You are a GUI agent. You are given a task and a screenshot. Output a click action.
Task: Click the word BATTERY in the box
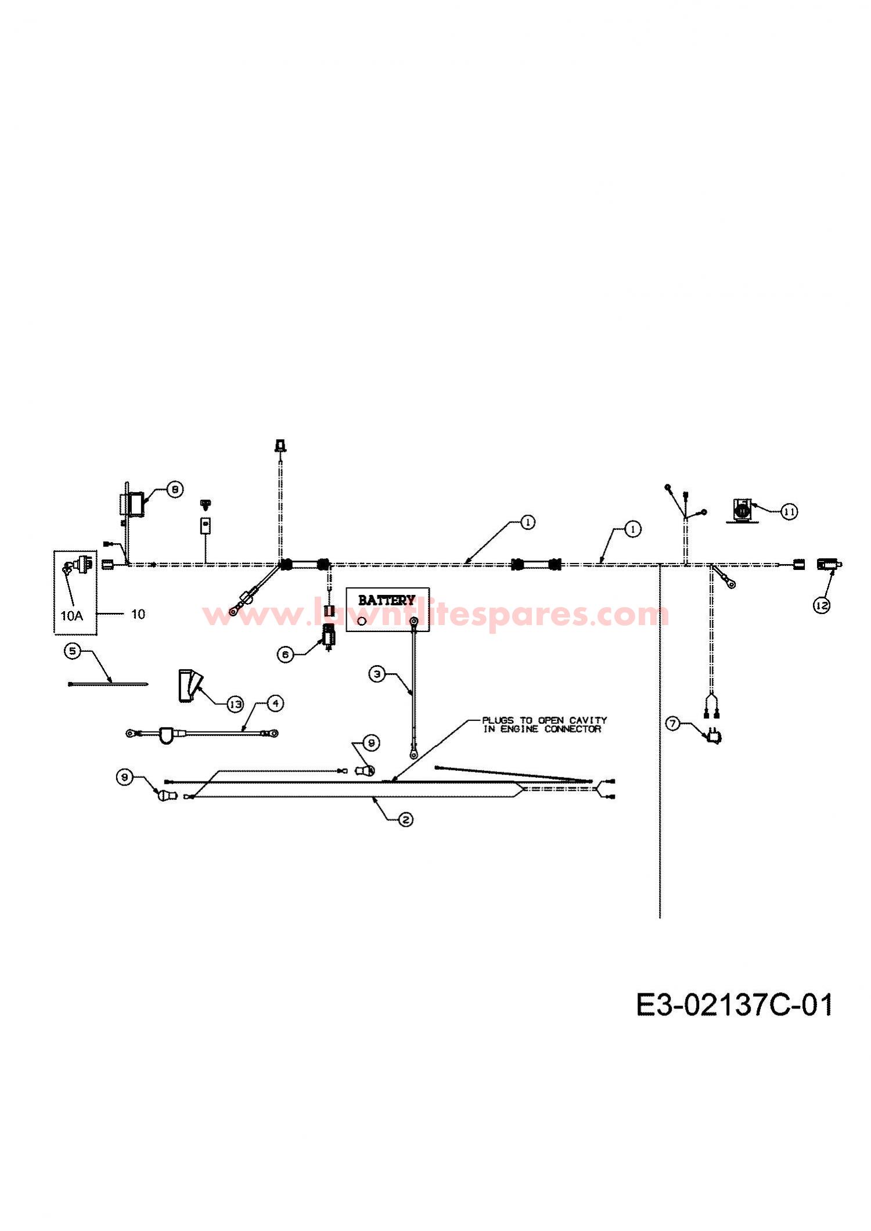click(x=386, y=600)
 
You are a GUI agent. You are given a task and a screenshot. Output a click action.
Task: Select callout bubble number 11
click(x=789, y=511)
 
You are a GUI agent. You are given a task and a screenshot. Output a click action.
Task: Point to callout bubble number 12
click(x=821, y=605)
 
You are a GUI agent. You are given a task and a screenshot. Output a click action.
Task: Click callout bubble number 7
click(x=673, y=723)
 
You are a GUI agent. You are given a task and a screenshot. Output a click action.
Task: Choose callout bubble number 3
click(x=377, y=674)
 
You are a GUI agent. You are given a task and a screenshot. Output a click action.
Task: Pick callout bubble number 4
click(x=275, y=703)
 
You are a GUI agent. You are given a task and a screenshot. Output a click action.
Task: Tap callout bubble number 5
click(x=72, y=651)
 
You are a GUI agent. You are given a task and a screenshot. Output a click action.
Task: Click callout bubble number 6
click(x=285, y=654)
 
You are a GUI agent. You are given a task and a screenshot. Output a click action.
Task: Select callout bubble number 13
click(x=235, y=704)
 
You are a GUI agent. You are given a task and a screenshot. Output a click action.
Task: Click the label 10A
click(x=71, y=616)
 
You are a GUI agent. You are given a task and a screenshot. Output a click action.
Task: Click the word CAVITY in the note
click(x=588, y=720)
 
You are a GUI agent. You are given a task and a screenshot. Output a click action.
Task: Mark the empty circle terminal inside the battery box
click(x=362, y=621)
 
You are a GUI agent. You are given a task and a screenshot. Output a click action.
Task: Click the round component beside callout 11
click(x=741, y=511)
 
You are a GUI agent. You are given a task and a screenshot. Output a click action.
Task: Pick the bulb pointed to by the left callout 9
click(x=164, y=795)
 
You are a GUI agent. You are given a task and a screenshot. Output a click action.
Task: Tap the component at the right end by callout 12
click(x=829, y=564)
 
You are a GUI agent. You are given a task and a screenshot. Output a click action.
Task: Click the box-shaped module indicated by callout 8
click(x=136, y=504)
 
